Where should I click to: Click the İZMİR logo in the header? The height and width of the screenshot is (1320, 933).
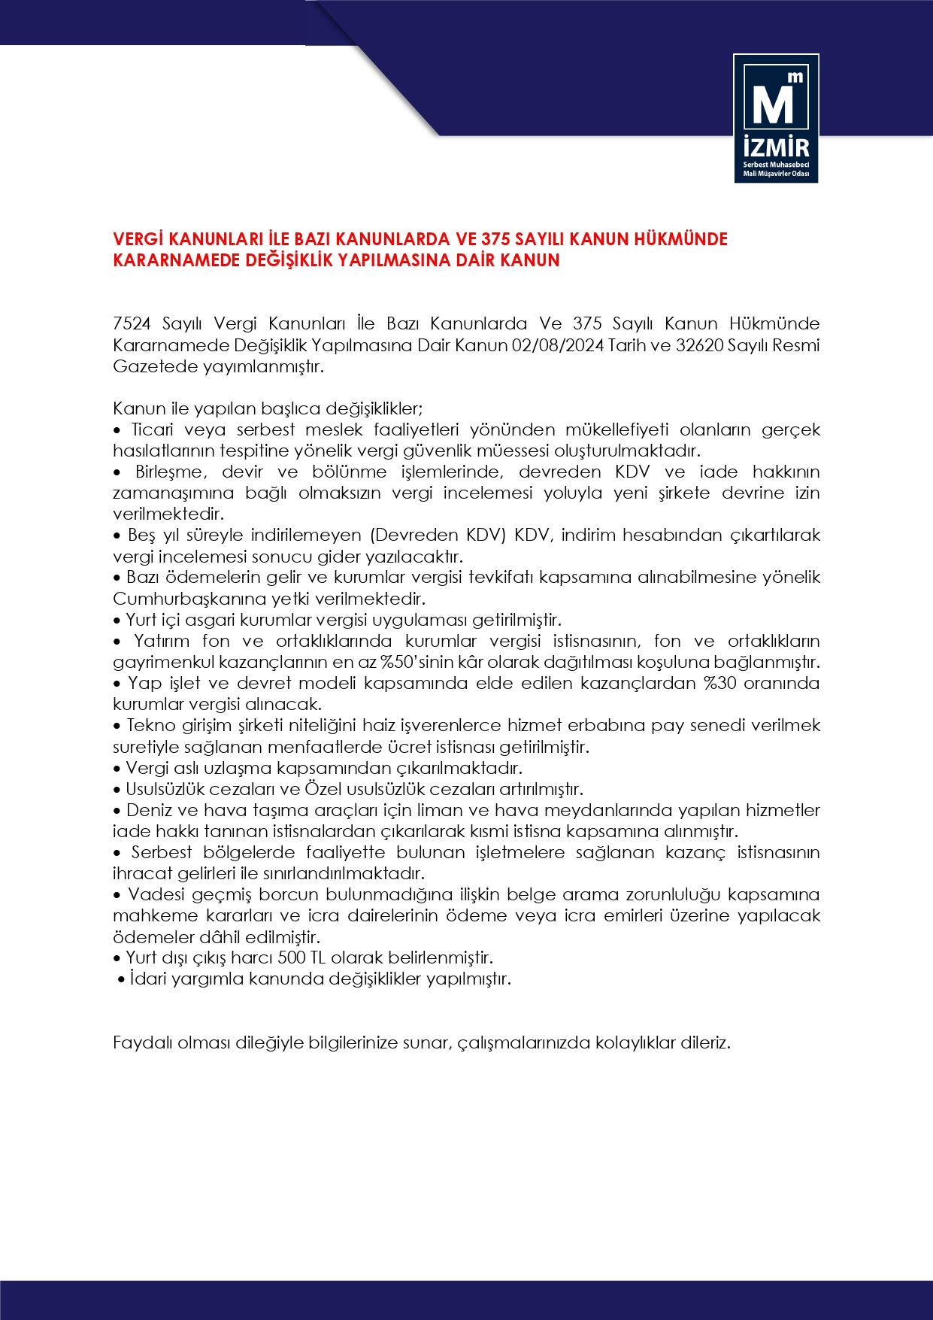click(776, 119)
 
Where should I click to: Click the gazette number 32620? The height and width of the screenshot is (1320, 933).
click(699, 346)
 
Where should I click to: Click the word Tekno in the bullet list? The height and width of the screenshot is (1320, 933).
click(150, 726)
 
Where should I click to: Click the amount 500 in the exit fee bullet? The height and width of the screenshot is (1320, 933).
click(292, 958)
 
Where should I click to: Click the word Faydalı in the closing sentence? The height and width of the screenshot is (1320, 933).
click(142, 1043)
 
